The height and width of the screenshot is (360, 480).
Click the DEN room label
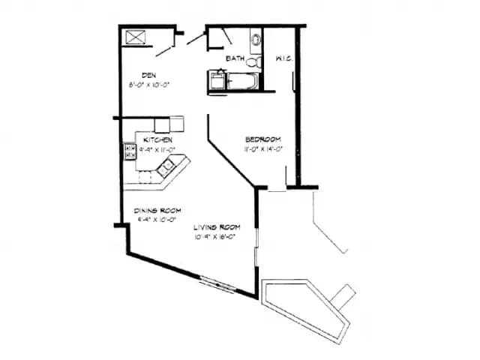pyautogui.click(x=148, y=75)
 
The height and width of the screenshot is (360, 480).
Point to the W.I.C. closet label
pyautogui.click(x=283, y=58)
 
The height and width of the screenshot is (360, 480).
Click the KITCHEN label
pyautogui.click(x=159, y=139)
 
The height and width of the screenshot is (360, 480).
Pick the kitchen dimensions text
pyautogui.click(x=157, y=148)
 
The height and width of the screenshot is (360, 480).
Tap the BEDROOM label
pyautogui.click(x=262, y=139)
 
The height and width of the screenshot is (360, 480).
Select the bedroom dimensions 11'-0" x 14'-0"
pyautogui.click(x=262, y=148)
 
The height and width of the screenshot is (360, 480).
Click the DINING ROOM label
pyautogui.click(x=157, y=211)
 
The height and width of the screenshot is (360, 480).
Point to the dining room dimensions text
pyautogui.click(x=157, y=220)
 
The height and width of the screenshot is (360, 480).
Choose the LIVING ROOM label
pyautogui.click(x=216, y=226)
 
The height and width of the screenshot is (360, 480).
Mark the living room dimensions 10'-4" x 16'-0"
pyautogui.click(x=216, y=236)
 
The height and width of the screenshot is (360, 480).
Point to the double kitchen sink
pyautogui.click(x=164, y=168)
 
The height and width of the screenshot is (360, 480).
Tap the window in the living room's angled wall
pyautogui.click(x=218, y=285)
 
